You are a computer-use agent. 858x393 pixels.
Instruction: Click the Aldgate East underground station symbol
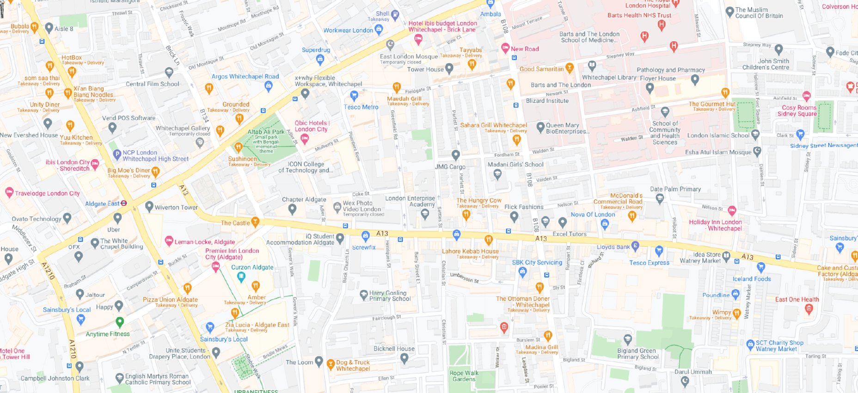[123, 203]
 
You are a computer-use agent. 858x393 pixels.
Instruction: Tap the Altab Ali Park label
[266, 132]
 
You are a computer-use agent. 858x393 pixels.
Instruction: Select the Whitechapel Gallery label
[183, 129]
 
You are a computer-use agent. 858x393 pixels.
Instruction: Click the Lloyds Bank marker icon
[635, 246]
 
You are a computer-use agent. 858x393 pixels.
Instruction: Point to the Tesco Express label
[649, 263]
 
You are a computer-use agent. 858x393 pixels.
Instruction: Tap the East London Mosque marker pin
[390, 44]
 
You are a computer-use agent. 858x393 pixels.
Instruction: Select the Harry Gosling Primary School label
[390, 296]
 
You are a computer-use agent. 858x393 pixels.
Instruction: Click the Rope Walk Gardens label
[464, 376]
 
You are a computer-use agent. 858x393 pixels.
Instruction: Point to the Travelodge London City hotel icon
[9, 192]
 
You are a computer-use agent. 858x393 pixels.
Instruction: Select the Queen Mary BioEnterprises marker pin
[540, 126]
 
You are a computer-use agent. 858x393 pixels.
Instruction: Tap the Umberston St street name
[464, 277]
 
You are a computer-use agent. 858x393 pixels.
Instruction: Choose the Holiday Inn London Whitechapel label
[715, 225]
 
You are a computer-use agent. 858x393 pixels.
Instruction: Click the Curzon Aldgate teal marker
[241, 276]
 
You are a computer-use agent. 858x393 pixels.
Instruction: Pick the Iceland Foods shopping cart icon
[760, 267]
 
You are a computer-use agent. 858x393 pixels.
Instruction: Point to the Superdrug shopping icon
[319, 59]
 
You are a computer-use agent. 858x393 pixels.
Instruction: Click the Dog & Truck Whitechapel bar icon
[331, 364]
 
